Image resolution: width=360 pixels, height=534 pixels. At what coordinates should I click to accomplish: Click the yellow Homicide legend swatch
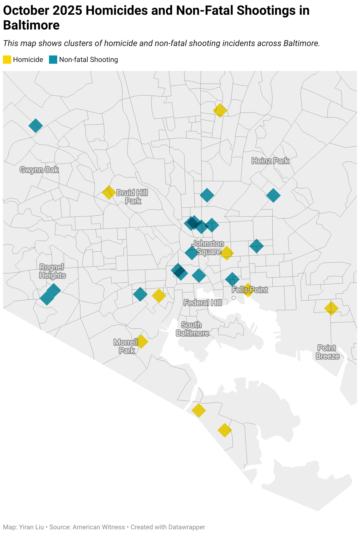tap(7, 60)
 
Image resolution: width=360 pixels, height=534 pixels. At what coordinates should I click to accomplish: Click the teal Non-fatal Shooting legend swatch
tap(53, 60)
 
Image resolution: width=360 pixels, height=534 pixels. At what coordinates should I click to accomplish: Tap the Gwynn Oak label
tap(39, 170)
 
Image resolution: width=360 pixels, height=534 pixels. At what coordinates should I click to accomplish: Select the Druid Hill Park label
tap(132, 197)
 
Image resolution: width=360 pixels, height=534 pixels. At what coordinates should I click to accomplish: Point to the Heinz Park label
tap(270, 161)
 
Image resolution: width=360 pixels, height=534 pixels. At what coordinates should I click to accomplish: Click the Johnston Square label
tap(208, 248)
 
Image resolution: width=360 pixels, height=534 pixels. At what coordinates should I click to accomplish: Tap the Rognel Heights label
tap(53, 271)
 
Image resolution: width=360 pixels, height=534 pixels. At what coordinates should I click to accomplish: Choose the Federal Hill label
tap(203, 303)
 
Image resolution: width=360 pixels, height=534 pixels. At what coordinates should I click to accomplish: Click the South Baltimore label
tap(192, 329)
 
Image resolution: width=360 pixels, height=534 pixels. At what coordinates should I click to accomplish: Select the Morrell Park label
tap(126, 346)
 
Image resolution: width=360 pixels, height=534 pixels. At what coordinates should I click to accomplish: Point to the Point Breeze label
tap(327, 352)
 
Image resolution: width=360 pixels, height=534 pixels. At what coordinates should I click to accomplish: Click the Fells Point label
tap(250, 290)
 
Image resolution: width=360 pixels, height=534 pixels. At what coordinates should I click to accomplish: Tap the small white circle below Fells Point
tap(234, 298)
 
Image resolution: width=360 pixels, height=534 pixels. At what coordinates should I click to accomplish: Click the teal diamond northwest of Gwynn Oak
tap(36, 126)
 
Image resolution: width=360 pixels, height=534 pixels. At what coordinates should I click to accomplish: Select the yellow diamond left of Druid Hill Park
tap(109, 192)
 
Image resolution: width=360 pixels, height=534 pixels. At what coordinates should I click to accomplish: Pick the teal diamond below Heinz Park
tap(273, 195)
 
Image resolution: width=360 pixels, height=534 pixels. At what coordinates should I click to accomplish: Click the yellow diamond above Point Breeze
tap(331, 308)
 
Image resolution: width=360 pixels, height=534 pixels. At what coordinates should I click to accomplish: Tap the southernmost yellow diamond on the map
tap(225, 430)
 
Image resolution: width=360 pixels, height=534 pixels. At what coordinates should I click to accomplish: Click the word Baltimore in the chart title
tap(31, 25)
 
